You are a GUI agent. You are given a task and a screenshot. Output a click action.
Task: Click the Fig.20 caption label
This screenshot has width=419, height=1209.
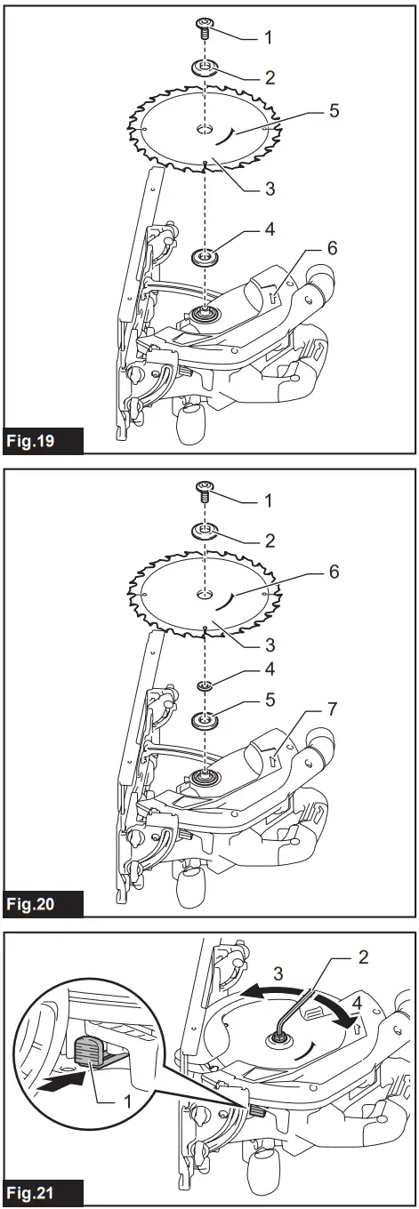click(44, 904)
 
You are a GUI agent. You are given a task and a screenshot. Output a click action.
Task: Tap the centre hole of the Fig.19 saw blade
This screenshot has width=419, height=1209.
click(205, 131)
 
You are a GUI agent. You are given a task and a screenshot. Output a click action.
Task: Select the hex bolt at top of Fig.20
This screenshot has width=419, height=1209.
click(205, 488)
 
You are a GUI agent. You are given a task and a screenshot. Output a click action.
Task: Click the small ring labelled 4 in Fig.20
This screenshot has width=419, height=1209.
click(205, 686)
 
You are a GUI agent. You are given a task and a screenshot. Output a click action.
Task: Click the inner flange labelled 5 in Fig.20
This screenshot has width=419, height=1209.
click(205, 718)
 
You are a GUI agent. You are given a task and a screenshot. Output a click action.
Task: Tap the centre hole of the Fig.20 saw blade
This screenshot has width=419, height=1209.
click(205, 592)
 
